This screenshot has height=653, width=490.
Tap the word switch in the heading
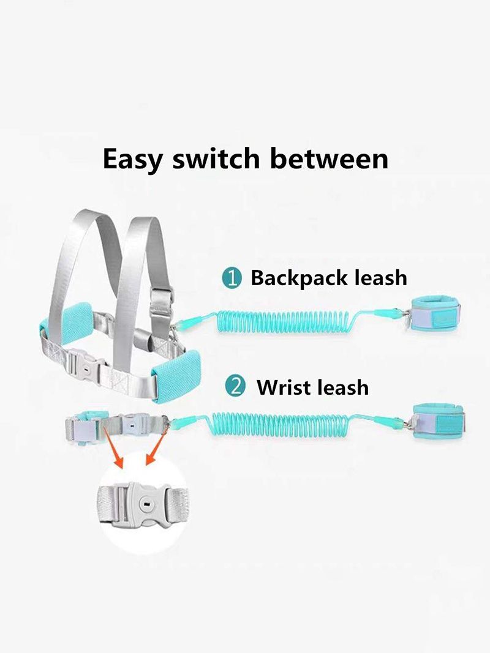[x=216, y=159]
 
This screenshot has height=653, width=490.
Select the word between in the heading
[x=329, y=159]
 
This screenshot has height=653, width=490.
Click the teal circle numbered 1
[x=232, y=278]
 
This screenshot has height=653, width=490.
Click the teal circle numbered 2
[x=235, y=386]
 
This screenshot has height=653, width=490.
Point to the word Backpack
[x=299, y=278]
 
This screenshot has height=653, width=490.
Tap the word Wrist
[x=282, y=387]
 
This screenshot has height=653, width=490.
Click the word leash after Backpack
[x=381, y=278]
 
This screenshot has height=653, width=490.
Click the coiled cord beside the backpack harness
[x=284, y=321]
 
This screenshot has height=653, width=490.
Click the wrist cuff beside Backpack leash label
[x=435, y=314]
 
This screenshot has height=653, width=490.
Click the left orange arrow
[x=113, y=447]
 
